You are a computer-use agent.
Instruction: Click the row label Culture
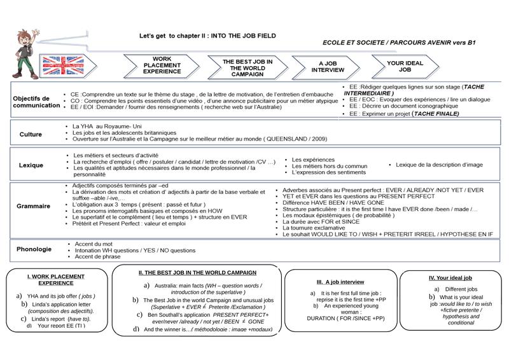point(31,135)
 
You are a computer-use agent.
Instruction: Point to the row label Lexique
point(31,165)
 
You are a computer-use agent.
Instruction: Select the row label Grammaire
point(33,206)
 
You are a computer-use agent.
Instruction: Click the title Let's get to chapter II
point(207,36)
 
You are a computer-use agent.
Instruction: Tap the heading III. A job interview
point(340,281)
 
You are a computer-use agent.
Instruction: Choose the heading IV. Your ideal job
point(450,278)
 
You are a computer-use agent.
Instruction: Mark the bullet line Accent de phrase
point(98,256)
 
